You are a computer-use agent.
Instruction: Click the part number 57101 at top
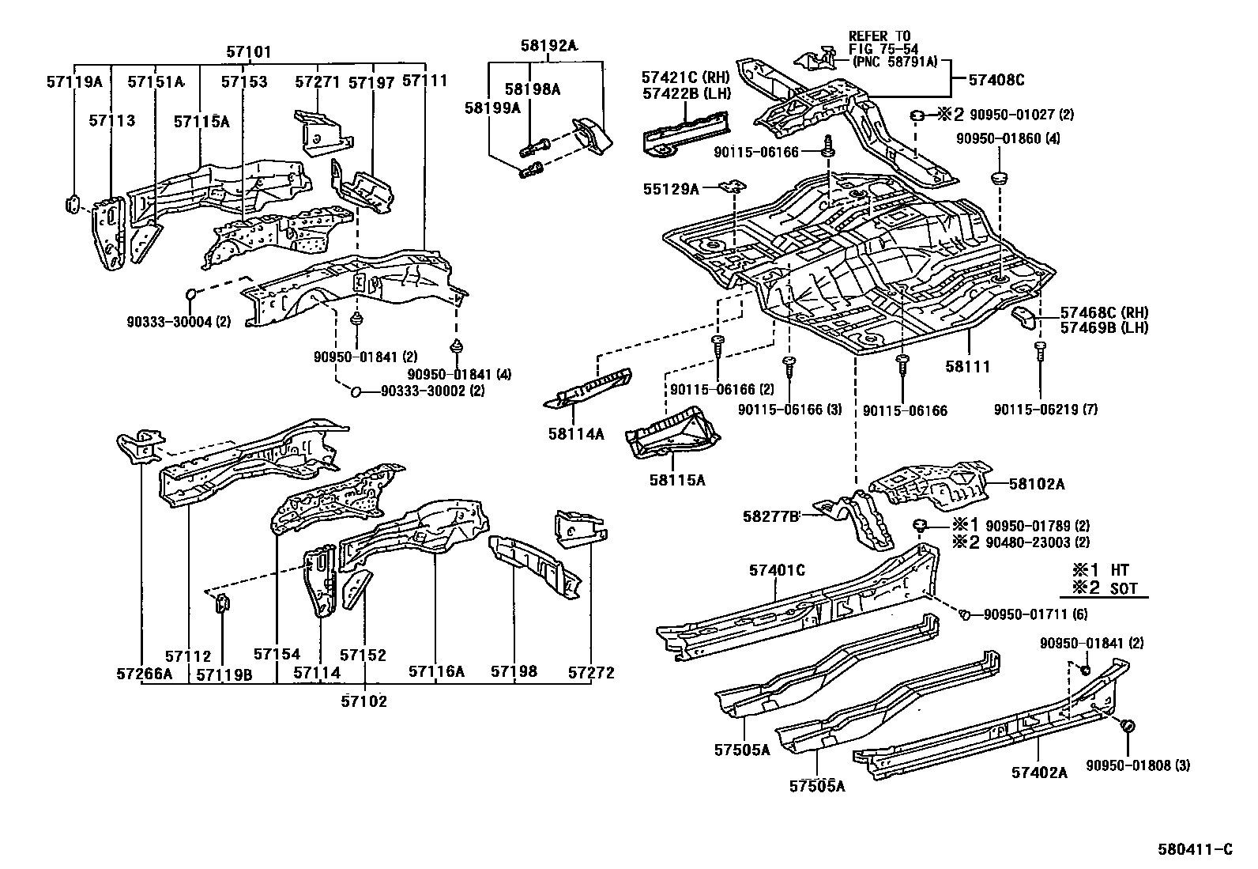click(249, 52)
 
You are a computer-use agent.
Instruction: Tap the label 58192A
click(548, 45)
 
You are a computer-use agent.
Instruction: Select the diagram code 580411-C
click(1195, 849)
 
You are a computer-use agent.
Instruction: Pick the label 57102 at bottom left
click(364, 701)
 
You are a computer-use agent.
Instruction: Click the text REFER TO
click(879, 36)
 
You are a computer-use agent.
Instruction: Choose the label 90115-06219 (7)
click(1045, 410)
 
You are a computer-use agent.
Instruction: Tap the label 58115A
click(677, 479)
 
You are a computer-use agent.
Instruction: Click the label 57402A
click(1039, 772)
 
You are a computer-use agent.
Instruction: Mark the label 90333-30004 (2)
click(179, 322)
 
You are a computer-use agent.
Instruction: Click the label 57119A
click(74, 81)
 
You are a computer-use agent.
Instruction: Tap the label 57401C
click(776, 570)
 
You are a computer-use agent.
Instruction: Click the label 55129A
click(672, 189)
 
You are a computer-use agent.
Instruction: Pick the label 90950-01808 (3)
click(1137, 765)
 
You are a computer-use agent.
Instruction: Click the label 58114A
click(575, 433)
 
